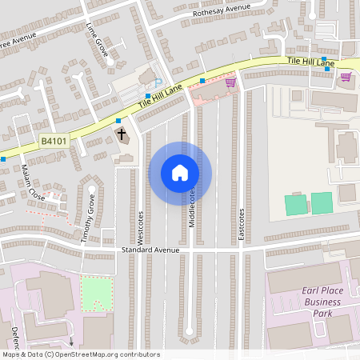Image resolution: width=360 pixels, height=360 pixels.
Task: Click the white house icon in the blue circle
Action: click(180, 173)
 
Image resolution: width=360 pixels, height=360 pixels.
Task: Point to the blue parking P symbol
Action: click(157, 82)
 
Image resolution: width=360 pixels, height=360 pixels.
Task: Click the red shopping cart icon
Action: click(230, 81)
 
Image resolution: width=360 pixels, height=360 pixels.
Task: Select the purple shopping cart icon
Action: click(346, 77)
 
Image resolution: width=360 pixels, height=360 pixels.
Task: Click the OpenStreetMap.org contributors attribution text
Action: click(80, 354)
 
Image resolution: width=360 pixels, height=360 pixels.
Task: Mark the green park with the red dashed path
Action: click(97, 294)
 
